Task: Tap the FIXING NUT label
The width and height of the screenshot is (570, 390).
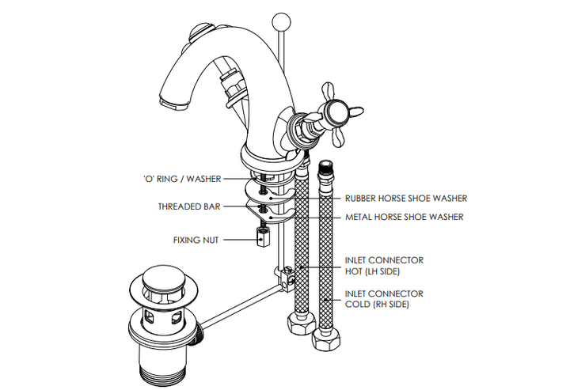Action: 197,240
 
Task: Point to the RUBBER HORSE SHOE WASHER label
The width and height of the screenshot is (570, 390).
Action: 405,198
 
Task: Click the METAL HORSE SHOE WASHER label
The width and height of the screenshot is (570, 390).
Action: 404,217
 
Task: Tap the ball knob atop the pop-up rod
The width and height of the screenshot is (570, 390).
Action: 280,19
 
